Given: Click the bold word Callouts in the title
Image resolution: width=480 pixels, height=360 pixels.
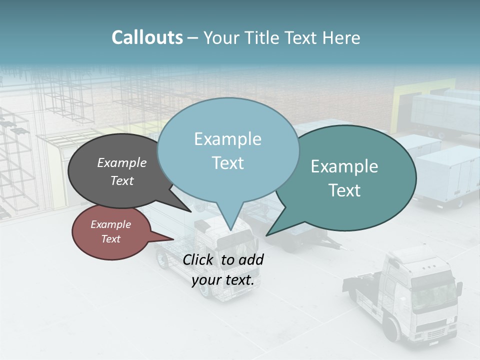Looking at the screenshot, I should [147, 37].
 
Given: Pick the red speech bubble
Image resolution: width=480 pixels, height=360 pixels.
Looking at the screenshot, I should [111, 232].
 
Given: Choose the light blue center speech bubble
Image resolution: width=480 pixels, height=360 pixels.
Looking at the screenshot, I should [227, 150].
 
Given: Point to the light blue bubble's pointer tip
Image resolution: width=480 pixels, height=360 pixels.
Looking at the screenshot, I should [230, 229].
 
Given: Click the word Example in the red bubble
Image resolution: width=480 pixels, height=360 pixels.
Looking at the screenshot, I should [111, 224].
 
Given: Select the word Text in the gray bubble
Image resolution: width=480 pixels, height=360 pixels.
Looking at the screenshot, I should [122, 180].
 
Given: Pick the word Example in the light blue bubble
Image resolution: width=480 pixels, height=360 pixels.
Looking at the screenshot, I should [227, 139].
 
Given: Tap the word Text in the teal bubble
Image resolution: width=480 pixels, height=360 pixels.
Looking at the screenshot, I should [345, 190].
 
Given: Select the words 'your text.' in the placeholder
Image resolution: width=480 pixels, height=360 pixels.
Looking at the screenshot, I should [222, 280].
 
